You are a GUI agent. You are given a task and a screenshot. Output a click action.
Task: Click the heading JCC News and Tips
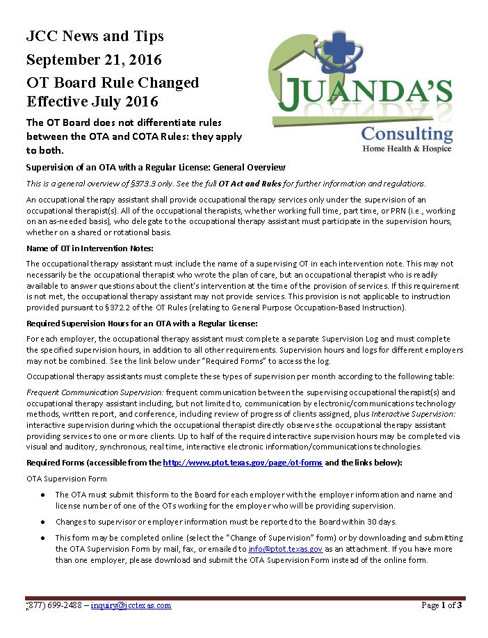coord(95,36)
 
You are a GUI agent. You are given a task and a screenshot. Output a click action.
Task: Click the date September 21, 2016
coord(95,59)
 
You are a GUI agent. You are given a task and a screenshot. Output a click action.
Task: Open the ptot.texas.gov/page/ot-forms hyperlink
coord(243,463)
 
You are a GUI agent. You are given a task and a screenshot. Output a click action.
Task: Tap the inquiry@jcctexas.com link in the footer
coord(131,605)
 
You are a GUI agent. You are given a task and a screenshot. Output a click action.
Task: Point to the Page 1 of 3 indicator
coord(441,605)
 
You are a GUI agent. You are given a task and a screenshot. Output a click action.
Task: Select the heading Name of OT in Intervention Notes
coord(90,248)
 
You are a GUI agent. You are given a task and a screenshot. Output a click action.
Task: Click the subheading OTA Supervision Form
coord(67,479)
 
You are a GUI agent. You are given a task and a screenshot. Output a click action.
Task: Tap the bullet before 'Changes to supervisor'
coord(43,522)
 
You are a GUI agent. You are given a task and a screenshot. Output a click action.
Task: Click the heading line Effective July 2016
coord(92,102)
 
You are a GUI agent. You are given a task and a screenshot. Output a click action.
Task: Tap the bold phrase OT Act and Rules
coord(250,184)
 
